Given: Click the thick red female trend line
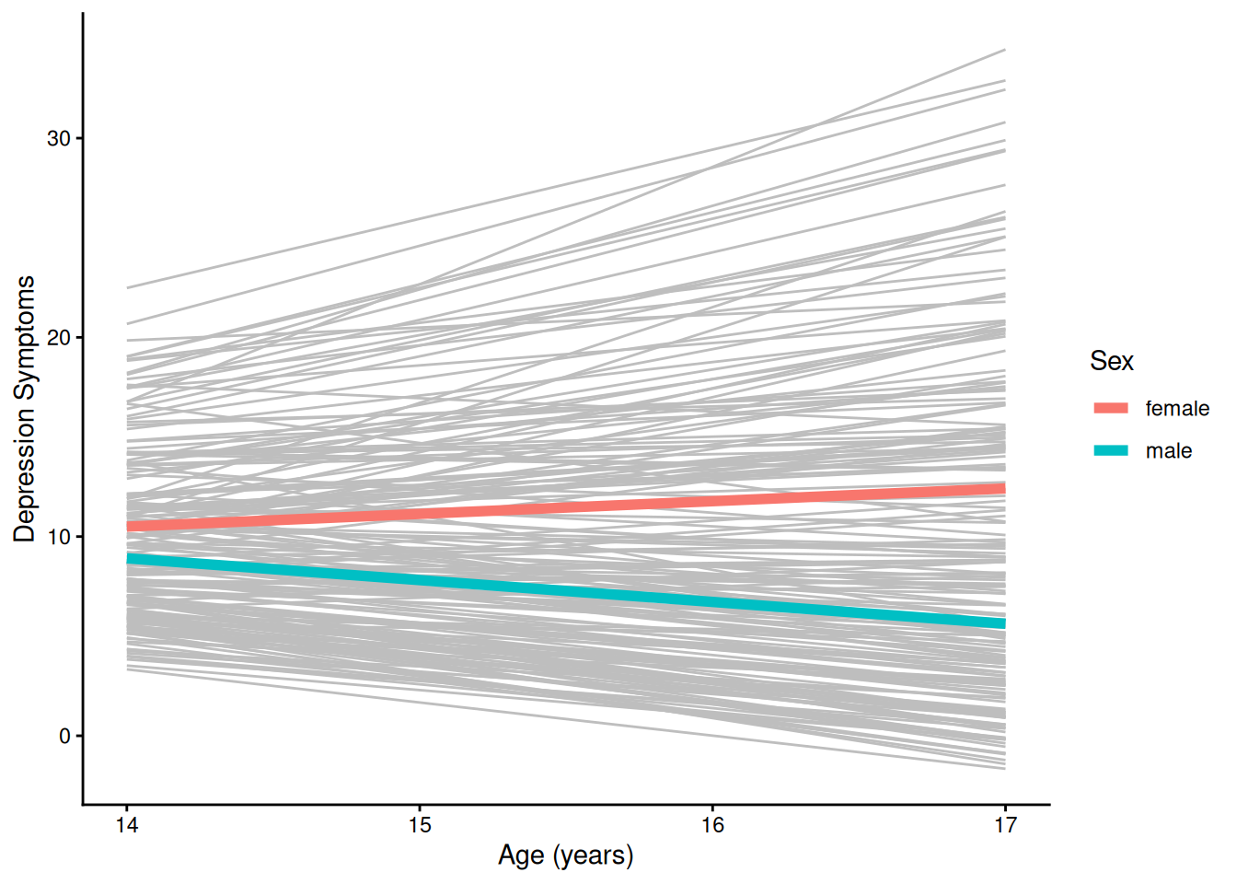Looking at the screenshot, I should click(565, 507).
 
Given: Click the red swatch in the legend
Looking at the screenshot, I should click(1111, 408).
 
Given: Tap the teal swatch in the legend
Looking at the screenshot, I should click(1111, 450).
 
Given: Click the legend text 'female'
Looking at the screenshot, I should click(1177, 409).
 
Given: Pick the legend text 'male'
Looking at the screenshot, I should click(1168, 451).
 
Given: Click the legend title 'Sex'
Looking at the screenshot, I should click(1111, 361).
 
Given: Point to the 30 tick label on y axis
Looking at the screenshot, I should click(59, 138).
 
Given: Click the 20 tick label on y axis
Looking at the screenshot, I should click(59, 337).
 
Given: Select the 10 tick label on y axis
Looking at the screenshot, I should click(59, 537).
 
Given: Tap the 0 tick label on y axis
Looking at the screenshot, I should click(64, 736).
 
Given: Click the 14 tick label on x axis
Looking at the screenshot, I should click(127, 825).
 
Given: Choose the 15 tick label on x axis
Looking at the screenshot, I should click(420, 825).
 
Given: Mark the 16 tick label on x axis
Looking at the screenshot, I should click(712, 825).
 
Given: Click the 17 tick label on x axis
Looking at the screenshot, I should click(1005, 825).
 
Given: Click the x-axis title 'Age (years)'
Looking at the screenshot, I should click(565, 855).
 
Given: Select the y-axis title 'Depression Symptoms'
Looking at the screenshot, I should click(25, 409).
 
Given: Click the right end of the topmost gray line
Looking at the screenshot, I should click(1003, 51).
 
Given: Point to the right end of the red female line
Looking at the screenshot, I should click(1002, 489).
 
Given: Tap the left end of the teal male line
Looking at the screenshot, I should click(130, 559).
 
